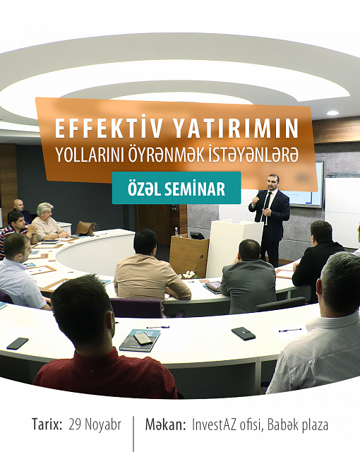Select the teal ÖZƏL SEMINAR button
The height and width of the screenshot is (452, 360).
tap(176, 188)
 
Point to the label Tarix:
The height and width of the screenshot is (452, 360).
tap(47, 424)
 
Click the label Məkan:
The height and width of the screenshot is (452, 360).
tap(165, 424)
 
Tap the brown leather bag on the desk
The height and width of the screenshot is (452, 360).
tap(85, 228)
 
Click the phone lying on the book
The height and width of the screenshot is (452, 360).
tap(143, 338)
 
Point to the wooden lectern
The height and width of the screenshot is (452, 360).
tap(189, 254)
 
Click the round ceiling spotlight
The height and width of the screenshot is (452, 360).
tap(332, 113)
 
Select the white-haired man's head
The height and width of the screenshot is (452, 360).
tap(44, 210)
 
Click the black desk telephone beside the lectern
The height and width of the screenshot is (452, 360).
tap(197, 235)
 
